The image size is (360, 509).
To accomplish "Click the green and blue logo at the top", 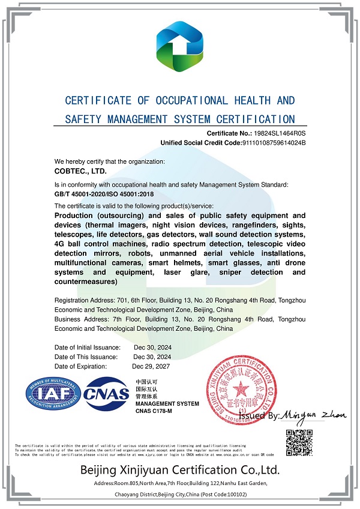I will click(x=180, y=47).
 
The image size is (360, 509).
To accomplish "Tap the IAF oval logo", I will click(x=53, y=394).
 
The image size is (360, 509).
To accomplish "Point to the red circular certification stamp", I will click(x=242, y=391).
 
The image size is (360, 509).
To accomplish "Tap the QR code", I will click(x=298, y=442).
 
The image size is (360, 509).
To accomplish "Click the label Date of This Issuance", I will click(x=86, y=357).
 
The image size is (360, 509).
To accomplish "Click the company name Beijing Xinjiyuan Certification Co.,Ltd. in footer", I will click(x=180, y=469).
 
